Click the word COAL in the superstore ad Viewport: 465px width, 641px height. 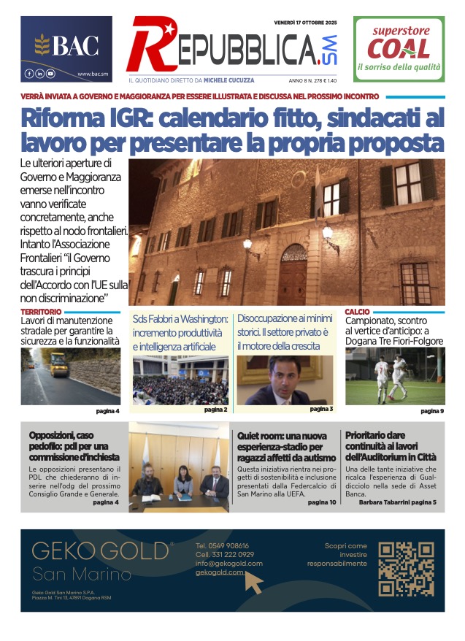(x=399, y=50)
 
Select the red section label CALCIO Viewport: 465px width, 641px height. (x=357, y=312)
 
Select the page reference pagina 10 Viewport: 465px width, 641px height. (x=322, y=502)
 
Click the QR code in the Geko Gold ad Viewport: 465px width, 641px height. (x=407, y=569)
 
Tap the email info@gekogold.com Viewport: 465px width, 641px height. (x=228, y=564)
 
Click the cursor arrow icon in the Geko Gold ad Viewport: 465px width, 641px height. (x=254, y=582)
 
